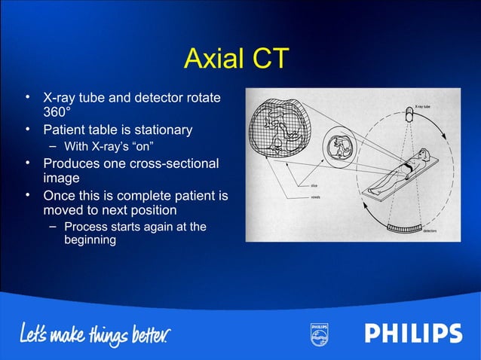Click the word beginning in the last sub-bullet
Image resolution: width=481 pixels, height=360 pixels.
click(90, 241)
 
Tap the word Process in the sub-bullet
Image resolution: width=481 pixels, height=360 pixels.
click(85, 227)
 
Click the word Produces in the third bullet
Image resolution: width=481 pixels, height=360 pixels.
click(70, 163)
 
